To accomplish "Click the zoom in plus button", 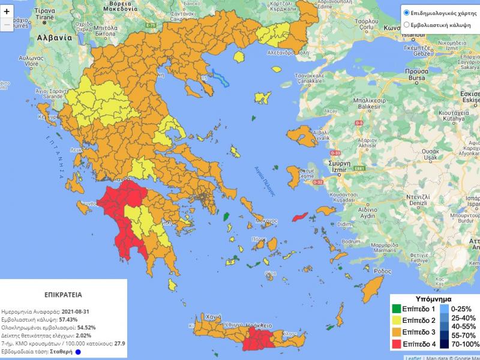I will pos(7,11).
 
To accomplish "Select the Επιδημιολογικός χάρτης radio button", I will pos(407,12).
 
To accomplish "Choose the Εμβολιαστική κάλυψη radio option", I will pos(407,25).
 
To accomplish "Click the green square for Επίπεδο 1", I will pos(397,310).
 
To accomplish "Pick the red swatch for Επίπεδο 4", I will pos(397,342).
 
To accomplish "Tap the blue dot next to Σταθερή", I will pos(78,352).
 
